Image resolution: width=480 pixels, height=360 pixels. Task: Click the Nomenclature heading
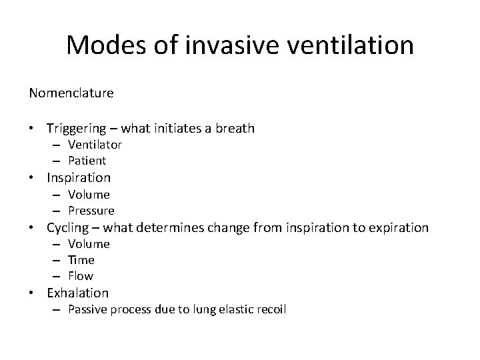[x=71, y=93]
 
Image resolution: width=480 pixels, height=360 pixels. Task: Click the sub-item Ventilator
[x=95, y=145]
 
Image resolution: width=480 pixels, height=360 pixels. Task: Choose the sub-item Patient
[x=87, y=161]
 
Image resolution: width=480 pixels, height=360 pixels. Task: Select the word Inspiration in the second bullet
[x=79, y=177]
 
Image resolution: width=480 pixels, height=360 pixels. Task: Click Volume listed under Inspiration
[x=89, y=195]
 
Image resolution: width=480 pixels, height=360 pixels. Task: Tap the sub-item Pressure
[x=91, y=211]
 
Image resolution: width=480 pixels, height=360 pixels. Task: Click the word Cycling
[x=69, y=227]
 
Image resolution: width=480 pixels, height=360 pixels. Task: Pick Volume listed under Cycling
[x=89, y=244]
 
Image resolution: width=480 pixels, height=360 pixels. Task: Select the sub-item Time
[x=81, y=260]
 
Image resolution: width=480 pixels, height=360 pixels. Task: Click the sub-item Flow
[x=81, y=276]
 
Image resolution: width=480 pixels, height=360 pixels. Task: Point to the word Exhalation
[x=77, y=293]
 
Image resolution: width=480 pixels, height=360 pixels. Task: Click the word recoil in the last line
[x=269, y=309]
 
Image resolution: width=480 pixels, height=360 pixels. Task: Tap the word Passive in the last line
[x=89, y=309]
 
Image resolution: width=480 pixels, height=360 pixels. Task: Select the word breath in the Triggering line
[x=236, y=128]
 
